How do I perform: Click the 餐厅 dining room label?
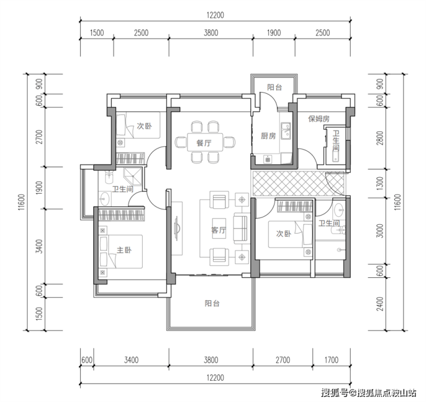click(x=204, y=143)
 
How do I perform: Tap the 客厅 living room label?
click(x=219, y=230)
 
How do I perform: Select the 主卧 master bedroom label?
click(x=124, y=250)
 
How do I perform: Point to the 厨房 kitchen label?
click(x=268, y=136)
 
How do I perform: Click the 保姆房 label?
click(x=319, y=118)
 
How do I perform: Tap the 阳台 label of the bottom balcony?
click(x=212, y=303)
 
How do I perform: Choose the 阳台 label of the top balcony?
click(x=275, y=87)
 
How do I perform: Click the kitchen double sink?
click(x=286, y=131)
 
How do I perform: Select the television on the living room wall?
click(x=176, y=228)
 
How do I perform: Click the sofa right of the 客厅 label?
click(x=241, y=228)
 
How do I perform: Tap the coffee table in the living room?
click(x=219, y=228)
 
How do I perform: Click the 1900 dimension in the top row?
click(x=273, y=33)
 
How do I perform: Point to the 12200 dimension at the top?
click(x=215, y=15)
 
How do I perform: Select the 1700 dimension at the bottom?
click(x=331, y=360)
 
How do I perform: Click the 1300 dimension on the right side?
click(x=380, y=183)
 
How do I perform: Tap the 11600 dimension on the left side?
click(x=21, y=202)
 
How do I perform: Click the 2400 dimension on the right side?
click(x=380, y=304)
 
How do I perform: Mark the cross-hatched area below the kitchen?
click(x=298, y=183)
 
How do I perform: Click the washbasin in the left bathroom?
click(x=105, y=198)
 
